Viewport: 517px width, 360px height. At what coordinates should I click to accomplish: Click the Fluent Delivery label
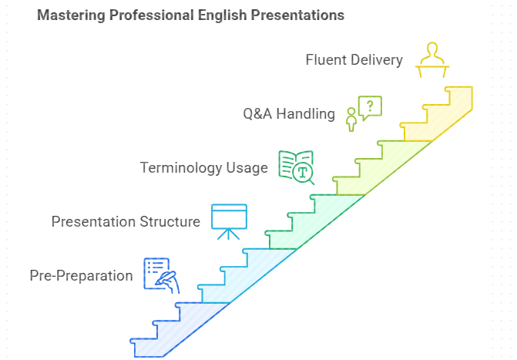click(354, 60)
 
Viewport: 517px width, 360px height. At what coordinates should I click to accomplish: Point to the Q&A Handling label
click(289, 114)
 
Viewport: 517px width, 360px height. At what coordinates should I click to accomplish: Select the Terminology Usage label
click(203, 167)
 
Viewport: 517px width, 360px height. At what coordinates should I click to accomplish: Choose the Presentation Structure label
click(126, 221)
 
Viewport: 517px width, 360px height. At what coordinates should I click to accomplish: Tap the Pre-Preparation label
click(81, 275)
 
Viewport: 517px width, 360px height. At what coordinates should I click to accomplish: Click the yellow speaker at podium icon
click(432, 59)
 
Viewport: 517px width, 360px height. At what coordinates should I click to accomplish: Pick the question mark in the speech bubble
click(371, 106)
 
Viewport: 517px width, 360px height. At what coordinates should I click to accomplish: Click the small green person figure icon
click(351, 119)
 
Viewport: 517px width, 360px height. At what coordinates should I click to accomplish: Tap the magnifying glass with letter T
click(304, 173)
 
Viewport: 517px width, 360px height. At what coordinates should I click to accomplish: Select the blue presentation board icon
click(229, 221)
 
